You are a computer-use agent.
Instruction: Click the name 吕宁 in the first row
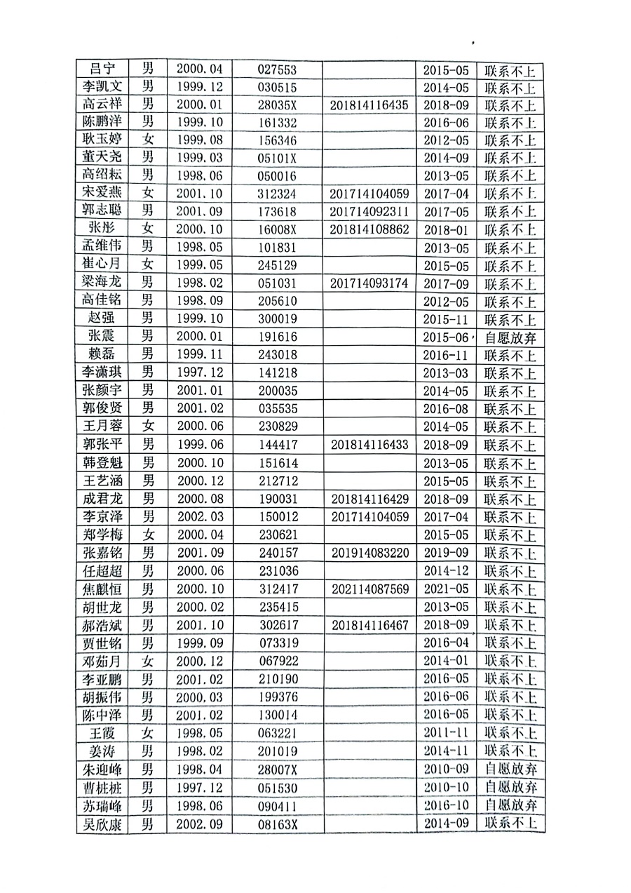[103, 69]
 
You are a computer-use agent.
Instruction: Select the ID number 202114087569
[369, 588]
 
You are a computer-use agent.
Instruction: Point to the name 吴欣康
[103, 824]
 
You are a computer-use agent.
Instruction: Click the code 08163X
[278, 824]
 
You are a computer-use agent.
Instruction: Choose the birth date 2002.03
[199, 516]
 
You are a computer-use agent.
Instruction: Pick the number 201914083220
[369, 552]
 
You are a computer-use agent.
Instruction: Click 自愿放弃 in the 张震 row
[510, 338]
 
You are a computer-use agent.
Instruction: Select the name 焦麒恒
[103, 588]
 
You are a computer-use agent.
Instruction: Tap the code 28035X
[278, 105]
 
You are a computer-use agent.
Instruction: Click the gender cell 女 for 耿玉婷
[148, 140]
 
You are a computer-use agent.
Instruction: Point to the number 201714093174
[369, 284]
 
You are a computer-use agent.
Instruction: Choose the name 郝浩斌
[103, 624]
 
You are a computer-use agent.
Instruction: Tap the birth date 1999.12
[199, 87]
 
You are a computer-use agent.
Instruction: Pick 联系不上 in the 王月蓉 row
[510, 427]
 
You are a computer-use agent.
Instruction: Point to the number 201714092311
[369, 212]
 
